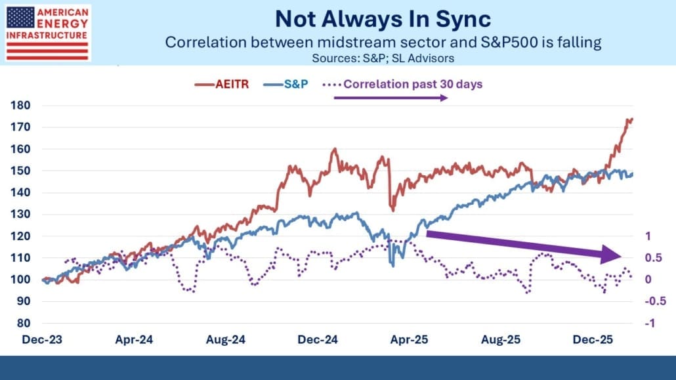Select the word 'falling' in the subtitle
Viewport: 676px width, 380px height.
581,42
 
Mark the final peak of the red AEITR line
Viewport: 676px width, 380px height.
631,119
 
